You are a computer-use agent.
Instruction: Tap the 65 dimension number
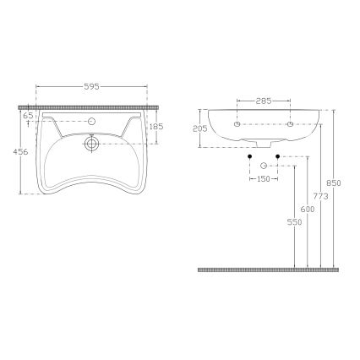coord(28,114)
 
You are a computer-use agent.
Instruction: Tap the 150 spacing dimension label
coord(264,178)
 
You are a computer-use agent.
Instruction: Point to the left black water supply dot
coord(251,157)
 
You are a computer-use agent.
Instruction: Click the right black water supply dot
coord(277,157)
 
